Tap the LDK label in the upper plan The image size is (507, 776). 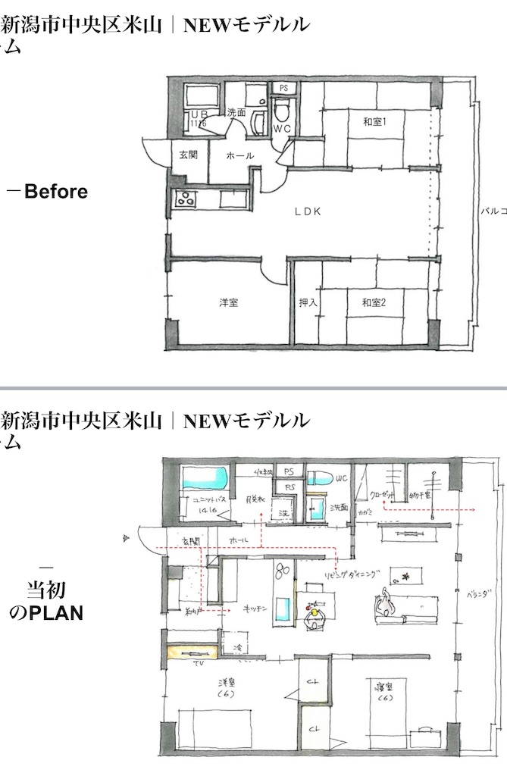coord(308,212)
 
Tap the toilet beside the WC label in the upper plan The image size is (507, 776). coord(282,113)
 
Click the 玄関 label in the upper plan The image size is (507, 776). coord(188,155)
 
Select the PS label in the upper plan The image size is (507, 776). coord(283,89)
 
